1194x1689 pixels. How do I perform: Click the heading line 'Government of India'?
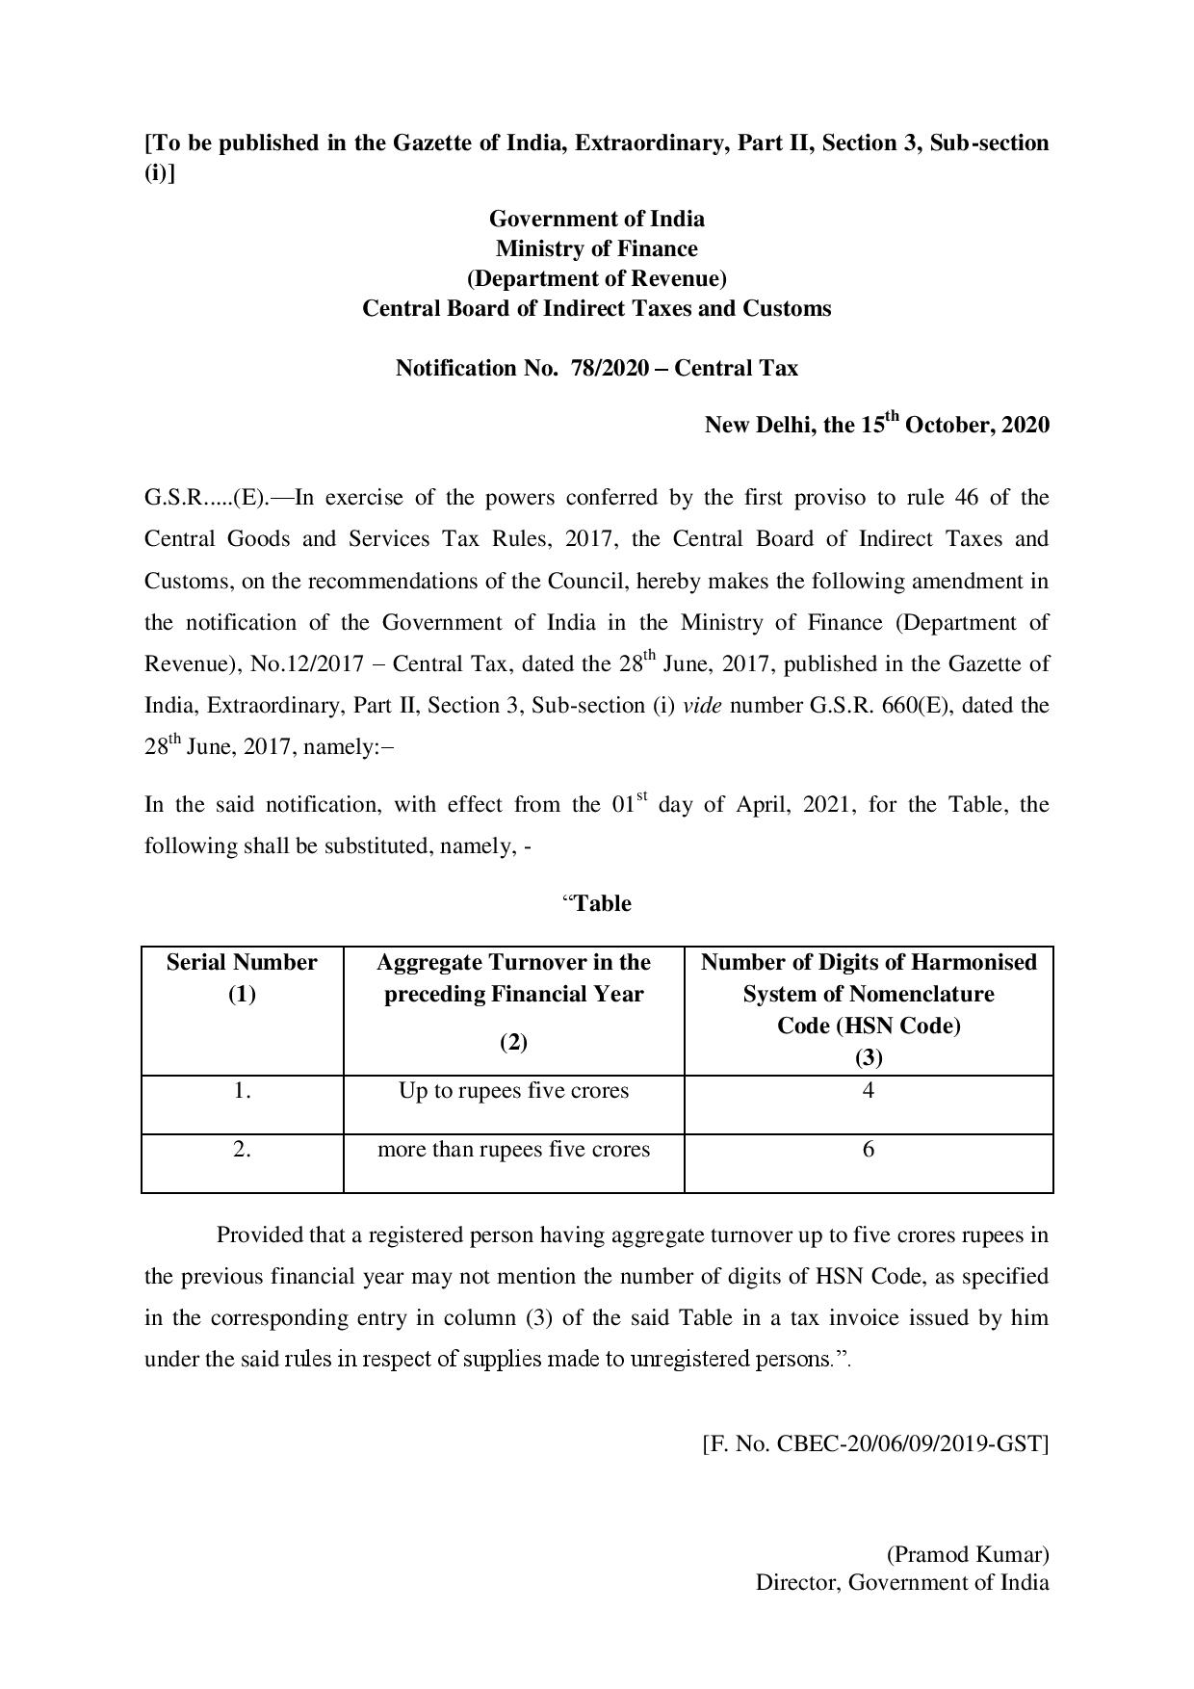(596, 219)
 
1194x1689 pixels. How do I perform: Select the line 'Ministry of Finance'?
(596, 248)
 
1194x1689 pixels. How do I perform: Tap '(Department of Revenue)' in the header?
(596, 278)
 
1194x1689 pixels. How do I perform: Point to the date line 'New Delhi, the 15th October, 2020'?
(876, 425)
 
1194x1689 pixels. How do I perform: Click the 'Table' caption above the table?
(602, 903)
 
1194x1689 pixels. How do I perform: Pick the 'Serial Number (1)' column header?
(242, 977)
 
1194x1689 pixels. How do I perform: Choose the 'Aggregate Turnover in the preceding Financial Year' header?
(513, 977)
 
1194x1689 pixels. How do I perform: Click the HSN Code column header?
(869, 1008)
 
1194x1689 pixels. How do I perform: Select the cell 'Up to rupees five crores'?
(513, 1091)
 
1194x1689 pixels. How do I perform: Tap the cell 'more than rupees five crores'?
(513, 1150)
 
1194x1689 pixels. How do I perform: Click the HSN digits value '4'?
(869, 1091)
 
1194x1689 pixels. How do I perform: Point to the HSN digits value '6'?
(869, 1150)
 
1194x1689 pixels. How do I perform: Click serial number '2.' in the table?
(242, 1150)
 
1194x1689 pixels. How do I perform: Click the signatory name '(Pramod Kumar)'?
(967, 1554)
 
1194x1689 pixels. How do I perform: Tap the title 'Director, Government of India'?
(902, 1582)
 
